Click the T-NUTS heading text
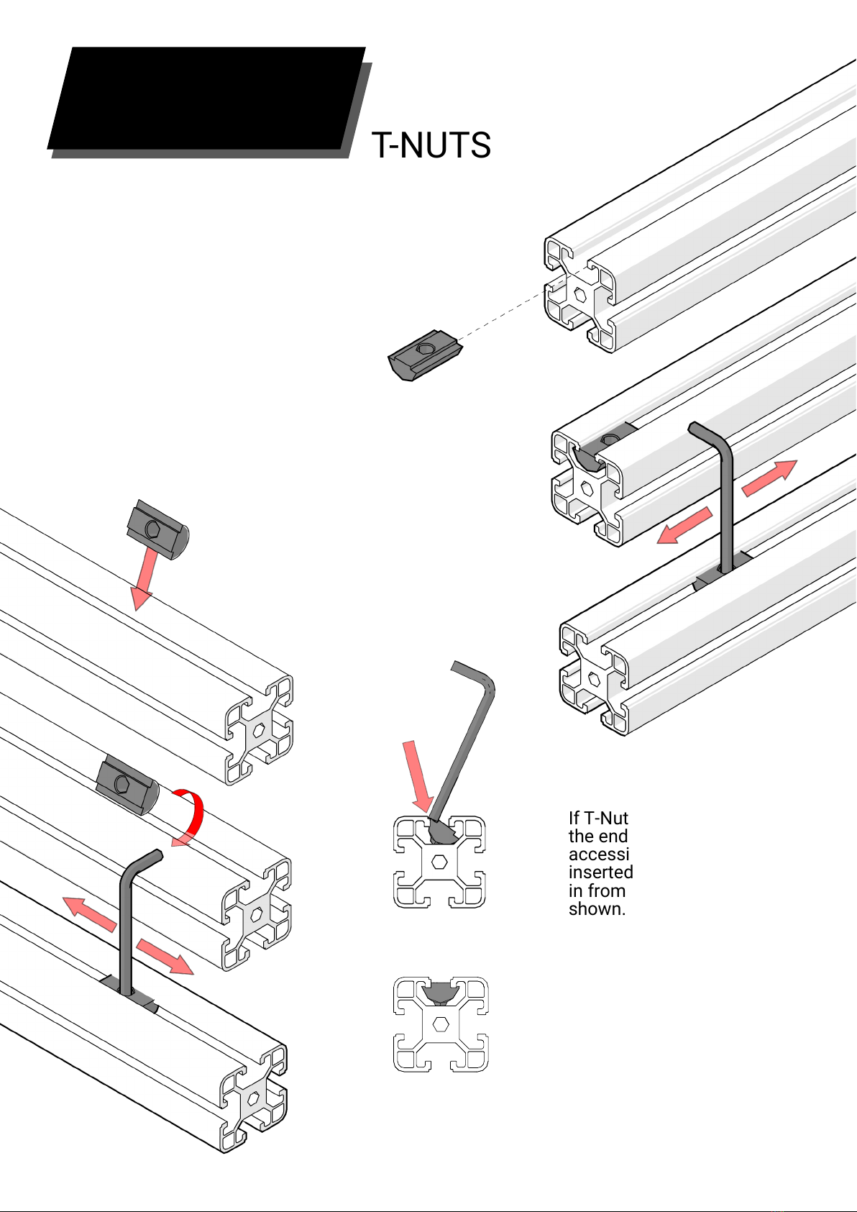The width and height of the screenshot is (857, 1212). coord(431,145)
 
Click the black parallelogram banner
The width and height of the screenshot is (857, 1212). coord(206,98)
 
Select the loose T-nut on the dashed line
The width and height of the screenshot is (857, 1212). coord(425,355)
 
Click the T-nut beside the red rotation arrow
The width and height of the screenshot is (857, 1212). coord(127,784)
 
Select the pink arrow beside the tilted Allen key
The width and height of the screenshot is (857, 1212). coord(418,777)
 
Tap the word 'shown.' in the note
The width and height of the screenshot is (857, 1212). coord(597,909)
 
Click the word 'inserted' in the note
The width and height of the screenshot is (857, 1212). coord(601,872)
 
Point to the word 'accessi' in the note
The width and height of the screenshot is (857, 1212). coord(599,854)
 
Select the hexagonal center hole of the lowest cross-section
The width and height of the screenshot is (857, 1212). coord(441,1024)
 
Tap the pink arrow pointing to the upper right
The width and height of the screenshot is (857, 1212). coord(769,478)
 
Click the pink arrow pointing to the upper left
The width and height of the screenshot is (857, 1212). coord(89,914)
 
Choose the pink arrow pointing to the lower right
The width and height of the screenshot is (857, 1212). coord(165,957)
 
